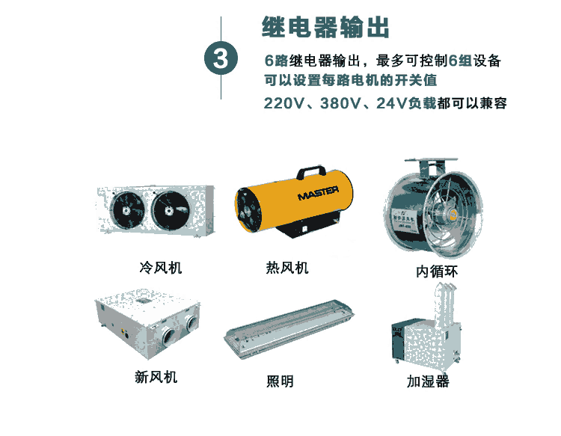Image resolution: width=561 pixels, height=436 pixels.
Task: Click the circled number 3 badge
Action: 221,58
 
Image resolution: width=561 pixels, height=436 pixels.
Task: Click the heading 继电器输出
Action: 325,27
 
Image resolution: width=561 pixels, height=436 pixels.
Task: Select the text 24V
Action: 392,103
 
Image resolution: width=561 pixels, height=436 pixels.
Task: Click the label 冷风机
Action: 161,268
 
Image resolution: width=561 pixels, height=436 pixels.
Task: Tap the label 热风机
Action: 287,268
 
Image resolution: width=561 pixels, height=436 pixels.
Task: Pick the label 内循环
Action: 437,271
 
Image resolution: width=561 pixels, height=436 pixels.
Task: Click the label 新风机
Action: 156,377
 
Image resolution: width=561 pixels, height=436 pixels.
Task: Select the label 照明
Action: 280,381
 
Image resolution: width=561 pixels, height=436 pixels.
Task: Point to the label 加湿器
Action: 428,381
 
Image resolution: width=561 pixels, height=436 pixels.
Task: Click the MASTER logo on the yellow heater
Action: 318,193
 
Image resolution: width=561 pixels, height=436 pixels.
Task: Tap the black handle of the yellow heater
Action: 311,171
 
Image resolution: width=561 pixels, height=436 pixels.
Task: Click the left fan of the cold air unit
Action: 127,210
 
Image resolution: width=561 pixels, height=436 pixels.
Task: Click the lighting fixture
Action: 289,328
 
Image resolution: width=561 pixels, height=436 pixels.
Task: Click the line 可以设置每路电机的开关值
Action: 351,81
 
